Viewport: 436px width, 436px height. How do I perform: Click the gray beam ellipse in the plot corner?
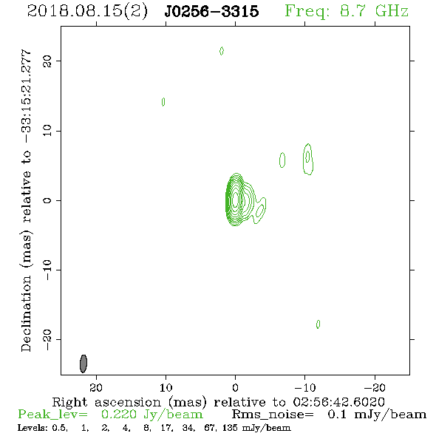pyautogui.click(x=84, y=364)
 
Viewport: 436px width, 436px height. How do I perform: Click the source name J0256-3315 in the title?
pyautogui.click(x=211, y=12)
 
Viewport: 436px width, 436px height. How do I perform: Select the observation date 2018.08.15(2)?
pyautogui.click(x=87, y=12)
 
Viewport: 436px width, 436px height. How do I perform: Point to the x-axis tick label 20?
pyautogui.click(x=96, y=387)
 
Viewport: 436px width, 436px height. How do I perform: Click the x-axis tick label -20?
pyautogui.click(x=375, y=387)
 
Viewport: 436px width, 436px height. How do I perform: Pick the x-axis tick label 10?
pyautogui.click(x=166, y=387)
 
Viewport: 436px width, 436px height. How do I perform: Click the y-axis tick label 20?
pyautogui.click(x=47, y=61)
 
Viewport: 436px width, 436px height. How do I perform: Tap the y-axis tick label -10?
pyautogui.click(x=47, y=270)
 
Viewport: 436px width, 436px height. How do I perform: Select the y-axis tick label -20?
pyautogui.click(x=47, y=339)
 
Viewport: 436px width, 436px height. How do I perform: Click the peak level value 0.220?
pyautogui.click(x=118, y=415)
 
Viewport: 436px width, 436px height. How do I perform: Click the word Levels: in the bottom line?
pyautogui.click(x=33, y=428)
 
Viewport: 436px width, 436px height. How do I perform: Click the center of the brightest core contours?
pyautogui.click(x=236, y=200)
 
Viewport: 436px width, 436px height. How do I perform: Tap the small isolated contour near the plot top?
pyautogui.click(x=222, y=51)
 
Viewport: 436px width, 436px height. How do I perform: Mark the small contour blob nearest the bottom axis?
pyautogui.click(x=318, y=324)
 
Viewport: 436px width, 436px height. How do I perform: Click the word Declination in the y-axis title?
pyautogui.click(x=26, y=313)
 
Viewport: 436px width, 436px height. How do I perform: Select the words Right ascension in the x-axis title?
pyautogui.click(x=106, y=402)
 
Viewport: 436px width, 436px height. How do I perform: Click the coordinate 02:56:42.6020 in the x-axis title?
pyautogui.click(x=338, y=402)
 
